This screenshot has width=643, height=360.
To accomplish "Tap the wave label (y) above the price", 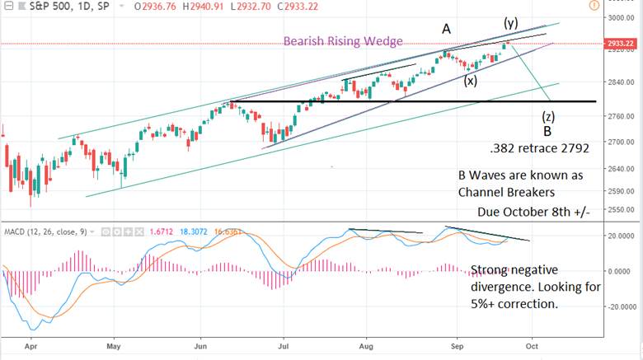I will pos(511,21).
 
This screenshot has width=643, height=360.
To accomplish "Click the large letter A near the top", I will pos(446,30).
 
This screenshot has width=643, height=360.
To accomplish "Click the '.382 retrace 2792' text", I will pos(527,150).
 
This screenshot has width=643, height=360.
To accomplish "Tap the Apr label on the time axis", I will pos(31,349).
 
